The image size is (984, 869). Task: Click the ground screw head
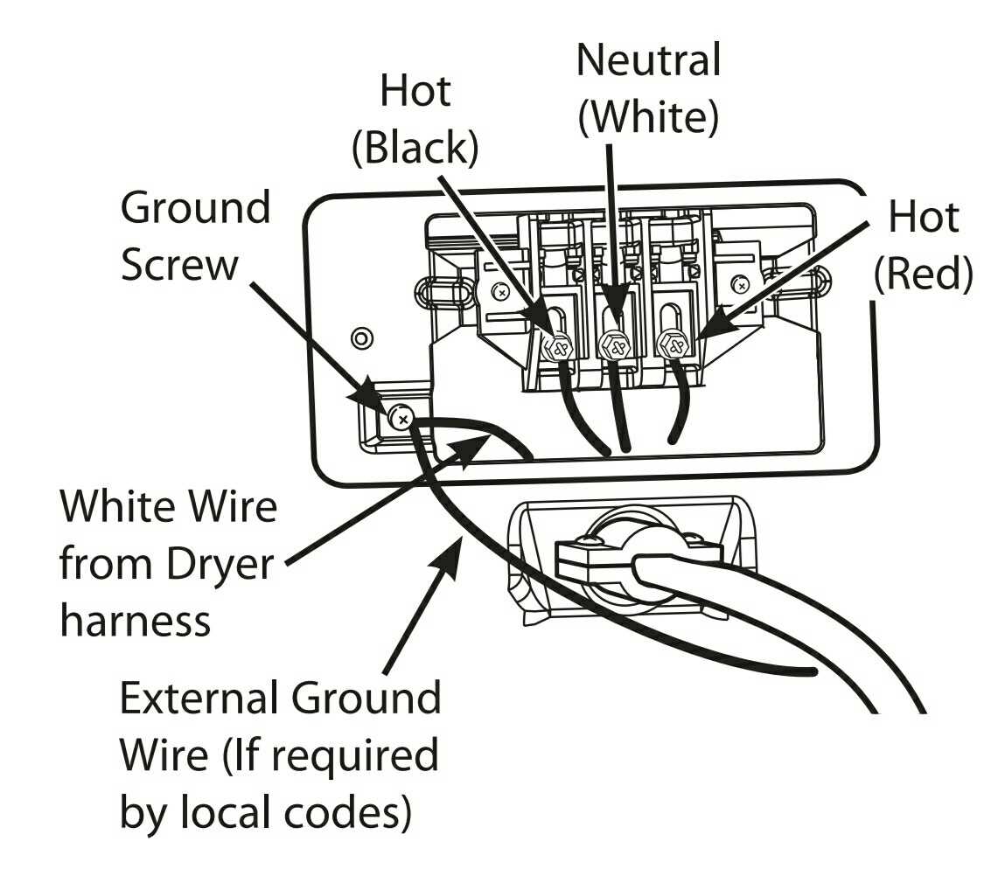coord(402,421)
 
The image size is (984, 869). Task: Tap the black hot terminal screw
coord(557,346)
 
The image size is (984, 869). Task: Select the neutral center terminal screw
coord(613,346)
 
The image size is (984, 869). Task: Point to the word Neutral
coord(648,61)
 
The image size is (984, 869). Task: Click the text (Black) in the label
coord(415,149)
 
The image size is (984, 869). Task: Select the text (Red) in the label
coord(923,274)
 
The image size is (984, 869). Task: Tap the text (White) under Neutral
coord(648,118)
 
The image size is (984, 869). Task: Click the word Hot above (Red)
coord(923,217)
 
